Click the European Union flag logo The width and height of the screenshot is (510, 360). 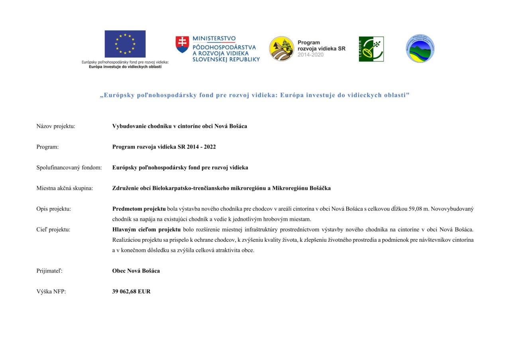125,44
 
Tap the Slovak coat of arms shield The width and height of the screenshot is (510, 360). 182,45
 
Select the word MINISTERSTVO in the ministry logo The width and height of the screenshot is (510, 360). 214,39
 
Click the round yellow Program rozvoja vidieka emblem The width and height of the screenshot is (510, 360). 281,49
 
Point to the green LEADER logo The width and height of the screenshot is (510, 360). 371,49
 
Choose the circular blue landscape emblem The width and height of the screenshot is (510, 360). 420,49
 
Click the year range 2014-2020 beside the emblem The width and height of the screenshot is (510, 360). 310,55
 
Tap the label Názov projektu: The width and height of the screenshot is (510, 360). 56,126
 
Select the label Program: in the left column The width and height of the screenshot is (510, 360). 47,147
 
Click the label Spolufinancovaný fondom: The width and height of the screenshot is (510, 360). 69,168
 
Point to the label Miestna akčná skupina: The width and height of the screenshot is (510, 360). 65,188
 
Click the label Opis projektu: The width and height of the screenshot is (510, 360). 53,209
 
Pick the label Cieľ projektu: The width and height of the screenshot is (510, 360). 53,229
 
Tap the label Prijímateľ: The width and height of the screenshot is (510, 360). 49,271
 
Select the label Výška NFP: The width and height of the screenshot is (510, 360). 51,292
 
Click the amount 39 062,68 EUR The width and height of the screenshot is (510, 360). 131,292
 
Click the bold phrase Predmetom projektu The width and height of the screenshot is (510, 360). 139,209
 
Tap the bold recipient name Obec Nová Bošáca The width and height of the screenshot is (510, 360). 136,271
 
